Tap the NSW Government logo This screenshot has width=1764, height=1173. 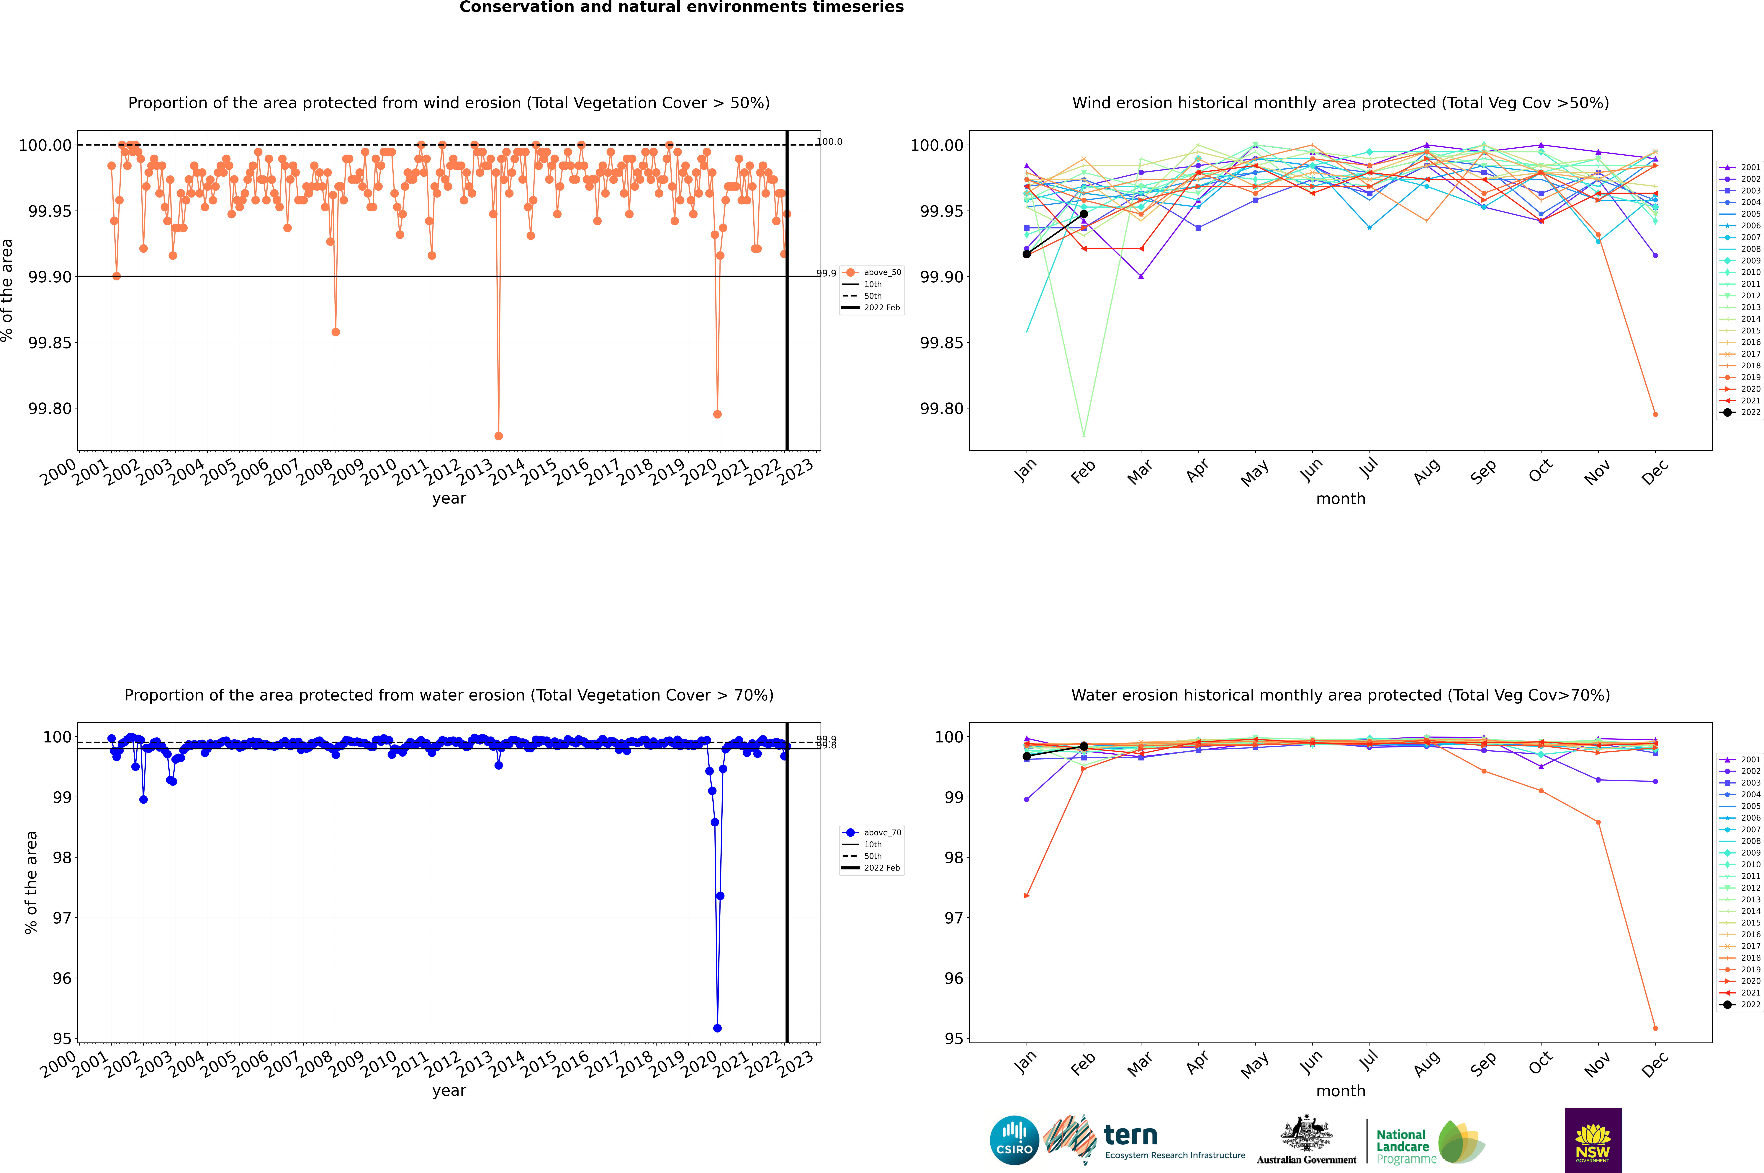(x=1593, y=1140)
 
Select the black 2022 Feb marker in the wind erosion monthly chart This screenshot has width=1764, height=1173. (x=1084, y=214)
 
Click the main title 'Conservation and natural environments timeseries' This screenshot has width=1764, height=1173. (x=681, y=7)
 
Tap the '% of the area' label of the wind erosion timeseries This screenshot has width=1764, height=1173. (x=7, y=290)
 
